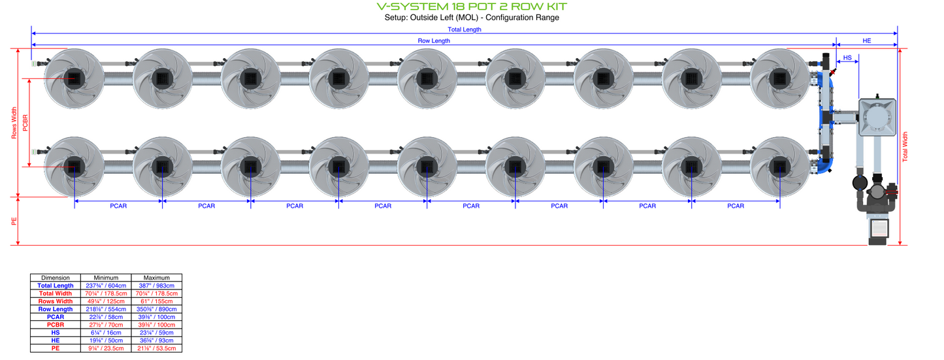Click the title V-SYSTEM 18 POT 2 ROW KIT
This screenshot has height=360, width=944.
coord(472,7)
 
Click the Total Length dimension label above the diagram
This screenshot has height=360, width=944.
coord(464,29)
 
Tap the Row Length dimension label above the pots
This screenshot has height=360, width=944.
coord(434,41)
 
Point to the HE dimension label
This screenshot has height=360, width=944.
coord(866,41)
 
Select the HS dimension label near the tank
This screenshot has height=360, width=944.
coord(847,57)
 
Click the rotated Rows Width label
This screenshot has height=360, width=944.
coord(14,123)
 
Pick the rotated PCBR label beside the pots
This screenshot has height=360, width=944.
coord(25,123)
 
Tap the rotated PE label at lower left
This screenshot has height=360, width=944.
coord(14,221)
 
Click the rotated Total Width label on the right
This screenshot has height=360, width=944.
coord(905,147)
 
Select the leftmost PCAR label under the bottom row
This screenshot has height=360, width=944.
coord(118,206)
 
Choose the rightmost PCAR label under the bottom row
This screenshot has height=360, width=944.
coord(736,206)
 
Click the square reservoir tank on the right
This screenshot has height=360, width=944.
coord(877,117)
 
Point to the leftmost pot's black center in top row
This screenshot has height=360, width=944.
coord(74,79)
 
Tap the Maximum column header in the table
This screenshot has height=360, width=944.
coord(156,278)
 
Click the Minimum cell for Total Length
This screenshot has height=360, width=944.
coord(106,286)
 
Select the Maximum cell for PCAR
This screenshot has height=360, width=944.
coord(156,317)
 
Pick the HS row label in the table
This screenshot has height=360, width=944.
coord(56,333)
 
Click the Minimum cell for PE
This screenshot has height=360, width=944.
coord(106,348)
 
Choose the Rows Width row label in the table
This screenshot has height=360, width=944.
coord(56,301)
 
